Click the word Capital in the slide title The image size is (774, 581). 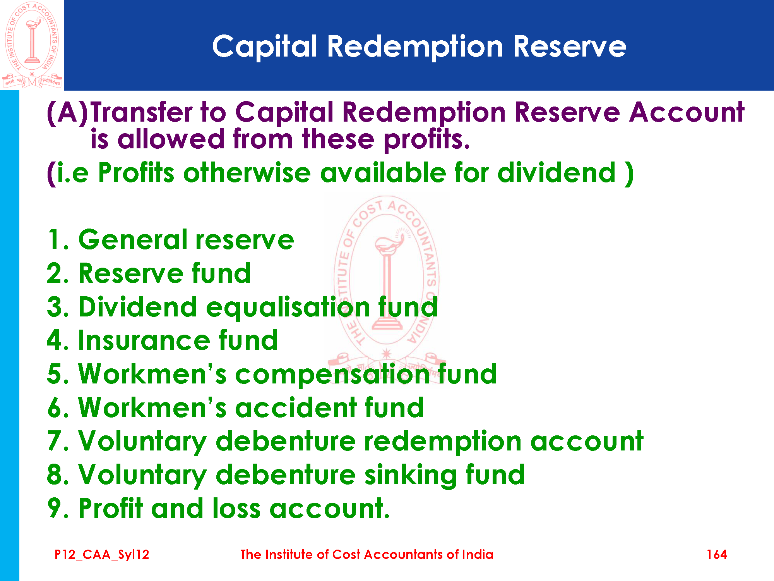tap(265, 47)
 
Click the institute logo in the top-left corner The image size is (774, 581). tap(32, 45)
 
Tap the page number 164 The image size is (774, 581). tap(716, 554)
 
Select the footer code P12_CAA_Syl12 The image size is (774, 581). tap(102, 555)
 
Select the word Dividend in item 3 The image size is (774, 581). tap(138, 306)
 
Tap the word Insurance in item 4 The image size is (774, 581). tap(144, 340)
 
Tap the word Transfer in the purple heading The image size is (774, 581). tap(141, 112)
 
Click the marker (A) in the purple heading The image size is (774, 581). tap(67, 113)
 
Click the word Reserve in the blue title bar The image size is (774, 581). tap(570, 47)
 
